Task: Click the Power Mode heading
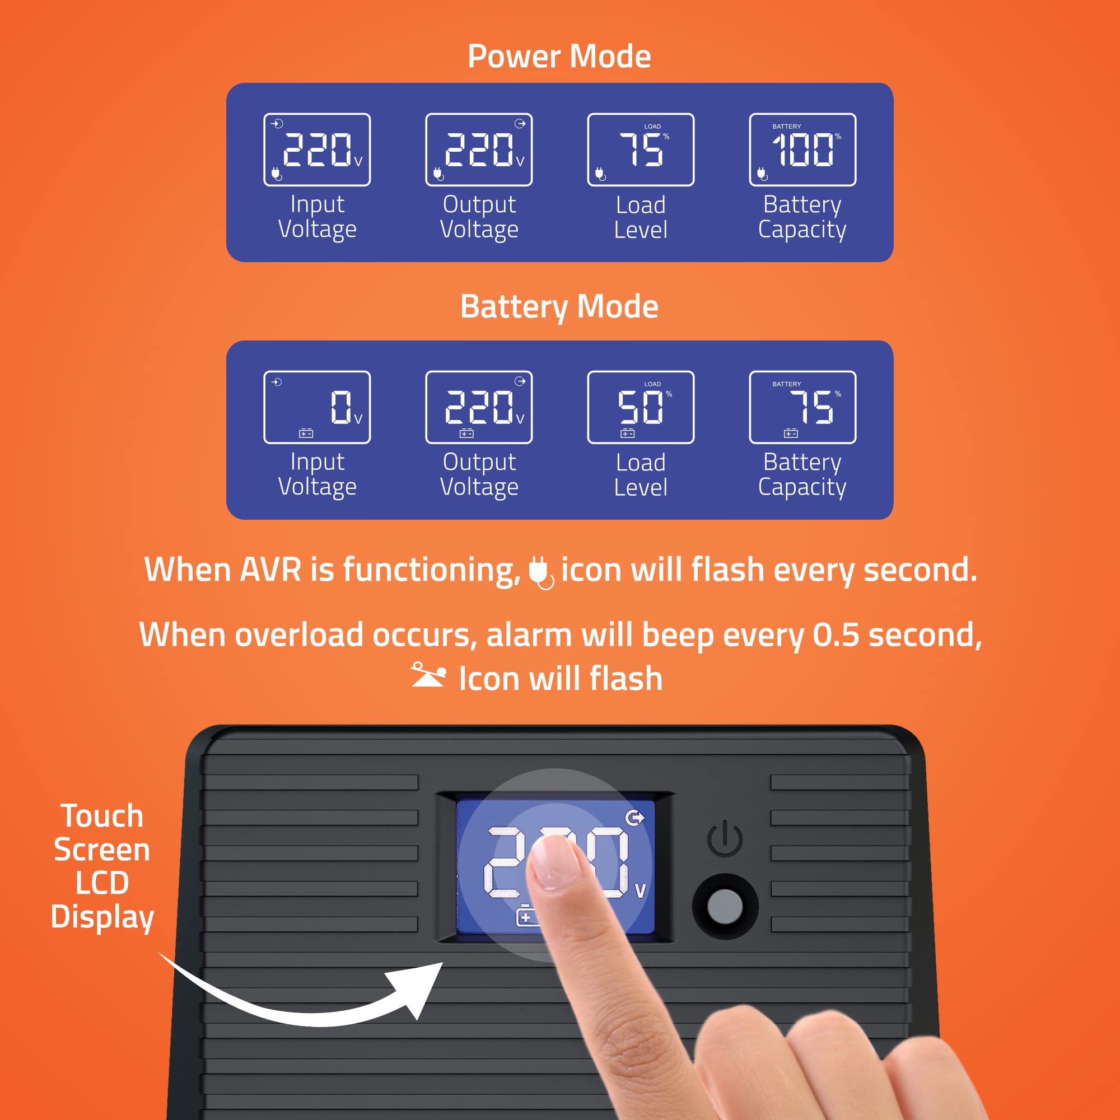pyautogui.click(x=559, y=56)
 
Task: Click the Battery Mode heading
pyautogui.click(x=559, y=307)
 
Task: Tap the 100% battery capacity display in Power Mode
pyautogui.click(x=802, y=150)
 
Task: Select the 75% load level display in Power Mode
pyautogui.click(x=641, y=150)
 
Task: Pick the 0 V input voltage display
pyautogui.click(x=317, y=407)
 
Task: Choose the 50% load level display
pyautogui.click(x=641, y=407)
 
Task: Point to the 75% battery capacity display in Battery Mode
pyautogui.click(x=802, y=407)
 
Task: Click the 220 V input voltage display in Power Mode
pyautogui.click(x=317, y=150)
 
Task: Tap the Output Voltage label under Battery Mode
pyautogui.click(x=479, y=475)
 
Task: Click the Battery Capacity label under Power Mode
pyautogui.click(x=802, y=217)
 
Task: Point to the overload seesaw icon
pyautogui.click(x=428, y=675)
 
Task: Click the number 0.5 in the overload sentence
pyautogui.click(x=836, y=635)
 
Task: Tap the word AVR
pyautogui.click(x=270, y=570)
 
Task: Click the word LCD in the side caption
pyautogui.click(x=102, y=883)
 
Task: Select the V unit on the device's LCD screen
pyautogui.click(x=640, y=890)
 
